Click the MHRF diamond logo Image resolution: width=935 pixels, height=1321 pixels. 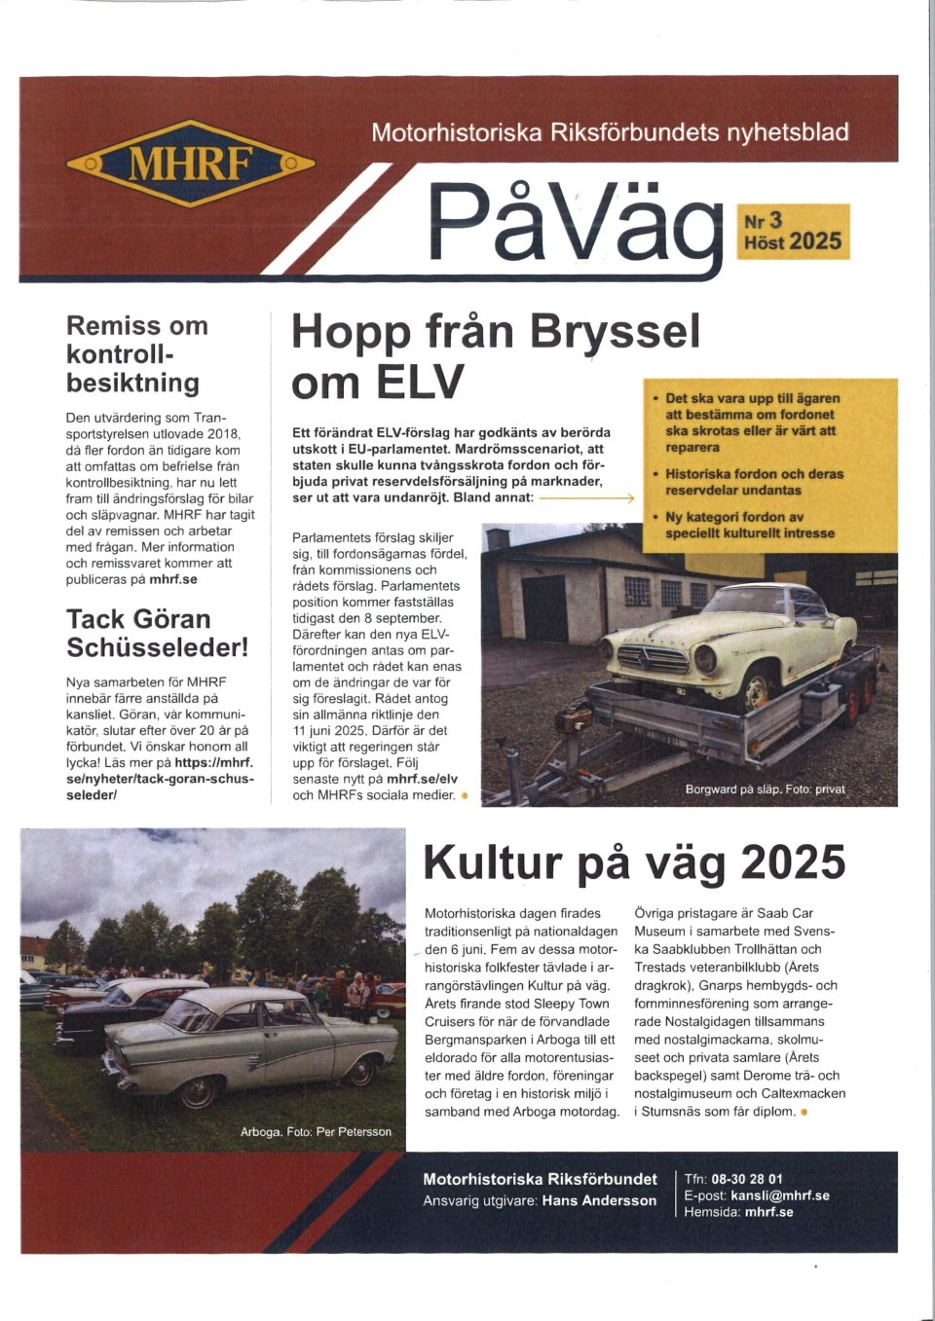tap(190, 164)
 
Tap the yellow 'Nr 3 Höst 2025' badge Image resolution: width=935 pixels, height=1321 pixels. tap(793, 232)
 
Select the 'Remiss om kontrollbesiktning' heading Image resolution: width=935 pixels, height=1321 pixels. tap(136, 353)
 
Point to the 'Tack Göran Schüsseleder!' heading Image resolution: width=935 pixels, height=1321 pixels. tap(157, 633)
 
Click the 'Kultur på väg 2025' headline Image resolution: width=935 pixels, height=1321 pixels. tap(634, 862)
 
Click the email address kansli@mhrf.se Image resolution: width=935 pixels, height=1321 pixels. tap(780, 1195)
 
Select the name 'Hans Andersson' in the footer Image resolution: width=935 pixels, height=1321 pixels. tap(599, 1200)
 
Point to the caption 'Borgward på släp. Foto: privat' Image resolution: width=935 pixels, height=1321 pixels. tap(765, 789)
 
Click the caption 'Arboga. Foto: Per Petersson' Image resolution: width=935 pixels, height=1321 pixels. tap(316, 1131)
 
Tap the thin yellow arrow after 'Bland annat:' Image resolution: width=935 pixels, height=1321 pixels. tap(586, 497)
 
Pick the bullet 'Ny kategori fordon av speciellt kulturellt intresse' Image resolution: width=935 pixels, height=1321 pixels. tap(749, 525)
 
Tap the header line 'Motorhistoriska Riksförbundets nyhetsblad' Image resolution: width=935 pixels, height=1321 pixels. tap(610, 132)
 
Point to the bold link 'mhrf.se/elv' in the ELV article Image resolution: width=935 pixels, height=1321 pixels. tap(422, 779)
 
